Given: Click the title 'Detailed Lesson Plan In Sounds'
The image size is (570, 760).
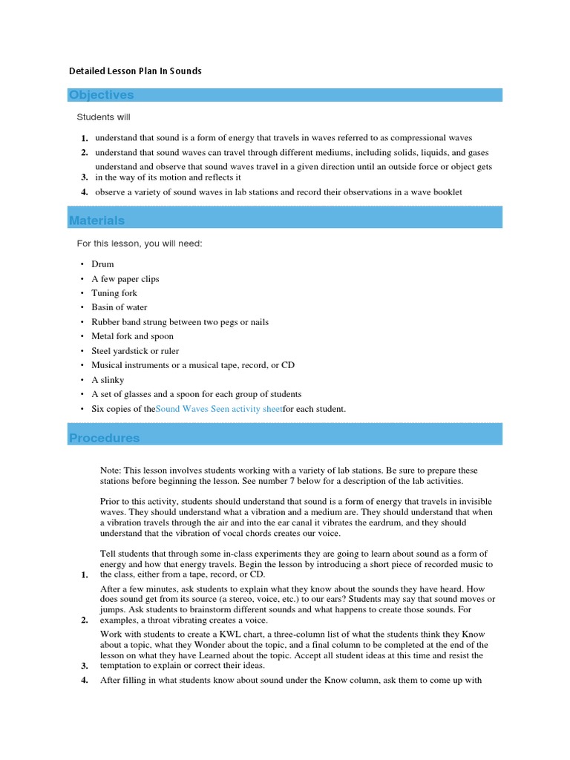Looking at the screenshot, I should point(135,71).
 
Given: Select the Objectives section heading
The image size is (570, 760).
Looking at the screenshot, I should point(102,95).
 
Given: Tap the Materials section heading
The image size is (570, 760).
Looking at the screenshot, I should point(97,220).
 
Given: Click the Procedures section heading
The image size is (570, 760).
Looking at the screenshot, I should point(105,438).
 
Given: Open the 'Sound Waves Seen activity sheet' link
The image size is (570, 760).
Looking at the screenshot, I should point(219,409).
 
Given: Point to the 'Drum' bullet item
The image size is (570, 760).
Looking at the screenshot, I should point(102,264).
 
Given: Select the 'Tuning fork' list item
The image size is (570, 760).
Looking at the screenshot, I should point(114,293).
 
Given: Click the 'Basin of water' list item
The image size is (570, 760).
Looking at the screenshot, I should point(119,307).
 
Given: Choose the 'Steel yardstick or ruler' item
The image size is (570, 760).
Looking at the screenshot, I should point(135,351).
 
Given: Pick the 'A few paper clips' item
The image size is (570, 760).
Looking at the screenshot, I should point(125,279).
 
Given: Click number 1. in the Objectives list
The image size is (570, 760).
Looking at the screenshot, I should point(85,138).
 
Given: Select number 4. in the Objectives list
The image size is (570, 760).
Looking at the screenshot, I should point(85,192).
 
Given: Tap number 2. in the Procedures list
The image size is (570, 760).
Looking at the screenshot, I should point(85,620).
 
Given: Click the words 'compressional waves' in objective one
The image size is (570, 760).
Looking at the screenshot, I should point(431,138).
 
